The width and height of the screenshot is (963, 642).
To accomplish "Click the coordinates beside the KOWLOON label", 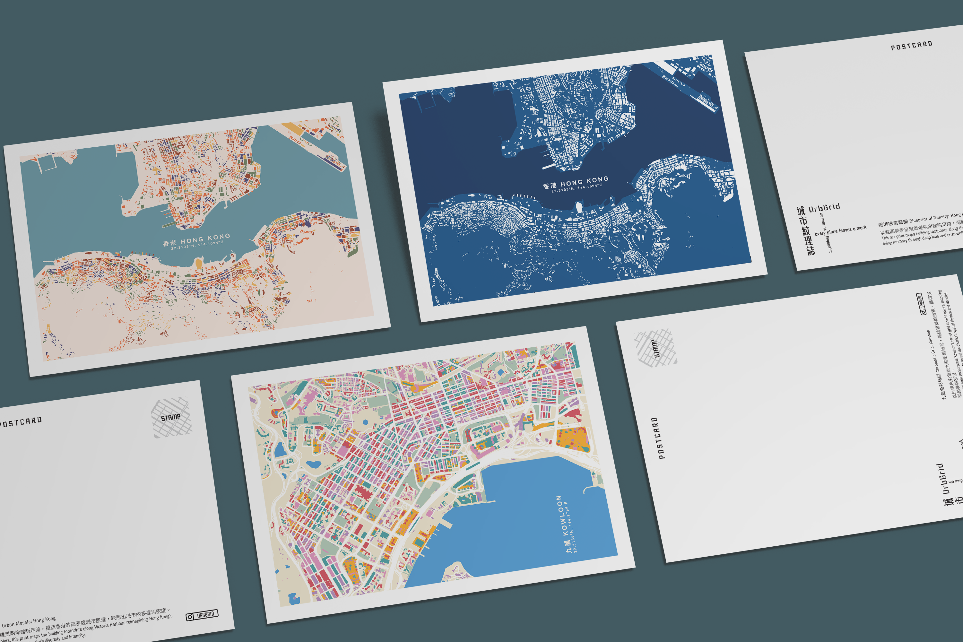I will coord(571,528).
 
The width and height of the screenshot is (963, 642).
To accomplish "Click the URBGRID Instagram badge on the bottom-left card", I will coord(202,615).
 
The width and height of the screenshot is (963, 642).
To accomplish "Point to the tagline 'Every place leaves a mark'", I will coord(840,230).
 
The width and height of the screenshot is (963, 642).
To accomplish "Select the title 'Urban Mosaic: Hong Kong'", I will coord(29,622).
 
